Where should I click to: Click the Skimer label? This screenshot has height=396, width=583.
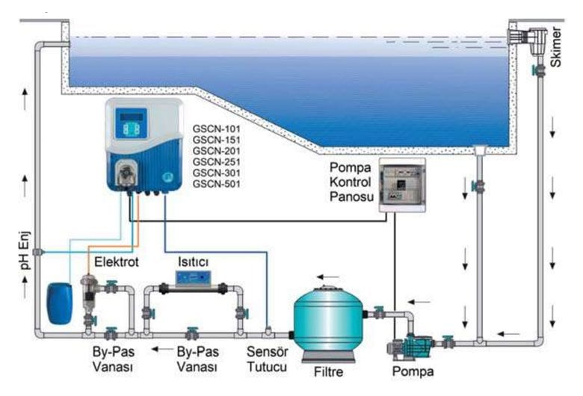(x=556, y=47)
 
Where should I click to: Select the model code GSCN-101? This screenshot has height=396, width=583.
(x=217, y=129)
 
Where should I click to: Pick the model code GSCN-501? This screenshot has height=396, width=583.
(x=217, y=184)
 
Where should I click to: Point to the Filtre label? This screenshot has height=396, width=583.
(x=328, y=372)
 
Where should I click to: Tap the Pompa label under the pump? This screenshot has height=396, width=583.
(x=413, y=371)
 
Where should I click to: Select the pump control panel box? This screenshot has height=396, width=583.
(x=402, y=185)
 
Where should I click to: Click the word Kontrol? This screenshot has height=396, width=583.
(x=351, y=182)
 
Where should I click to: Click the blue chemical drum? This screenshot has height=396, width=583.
(x=60, y=303)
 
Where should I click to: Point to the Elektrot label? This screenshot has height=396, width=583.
(x=117, y=262)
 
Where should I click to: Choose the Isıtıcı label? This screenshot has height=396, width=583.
(x=193, y=262)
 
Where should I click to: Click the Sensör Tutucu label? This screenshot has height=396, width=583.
(x=267, y=359)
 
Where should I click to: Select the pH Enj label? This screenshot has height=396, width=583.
(x=25, y=251)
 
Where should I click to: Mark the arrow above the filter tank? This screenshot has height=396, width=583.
(x=328, y=277)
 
